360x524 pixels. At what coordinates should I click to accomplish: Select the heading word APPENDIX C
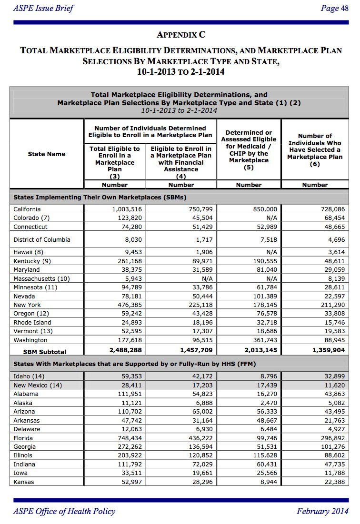(x=180, y=35)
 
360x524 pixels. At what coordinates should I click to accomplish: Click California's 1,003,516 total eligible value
(x=127, y=209)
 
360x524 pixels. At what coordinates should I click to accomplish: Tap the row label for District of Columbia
(x=42, y=240)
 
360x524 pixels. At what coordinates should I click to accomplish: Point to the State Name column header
(x=47, y=154)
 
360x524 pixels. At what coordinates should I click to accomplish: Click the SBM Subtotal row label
(x=45, y=352)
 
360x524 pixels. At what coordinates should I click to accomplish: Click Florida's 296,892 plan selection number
(x=332, y=438)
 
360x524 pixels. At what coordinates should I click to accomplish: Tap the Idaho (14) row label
(x=29, y=376)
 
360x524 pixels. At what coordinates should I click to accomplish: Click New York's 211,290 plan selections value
(x=332, y=305)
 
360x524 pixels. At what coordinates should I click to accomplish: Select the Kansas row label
(x=23, y=482)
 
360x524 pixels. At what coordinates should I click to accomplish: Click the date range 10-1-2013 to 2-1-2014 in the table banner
(x=179, y=110)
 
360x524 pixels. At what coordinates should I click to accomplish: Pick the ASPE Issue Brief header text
(x=43, y=8)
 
